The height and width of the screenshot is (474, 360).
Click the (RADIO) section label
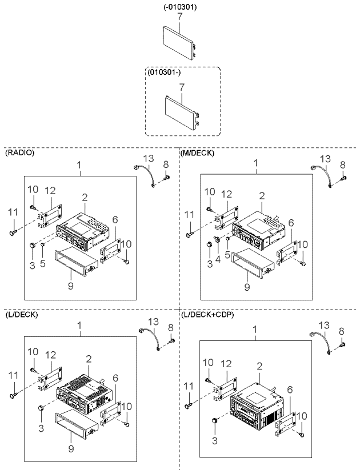click(19, 152)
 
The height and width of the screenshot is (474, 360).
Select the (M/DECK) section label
click(197, 153)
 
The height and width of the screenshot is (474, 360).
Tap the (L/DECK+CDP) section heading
click(207, 315)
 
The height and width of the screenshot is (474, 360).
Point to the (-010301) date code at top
click(180, 7)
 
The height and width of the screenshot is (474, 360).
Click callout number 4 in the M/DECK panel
click(218, 259)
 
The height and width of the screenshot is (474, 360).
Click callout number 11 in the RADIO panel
click(13, 212)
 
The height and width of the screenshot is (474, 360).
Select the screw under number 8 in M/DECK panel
click(344, 179)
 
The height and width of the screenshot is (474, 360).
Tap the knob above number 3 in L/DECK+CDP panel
click(214, 420)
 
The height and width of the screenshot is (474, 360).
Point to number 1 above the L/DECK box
click(79, 326)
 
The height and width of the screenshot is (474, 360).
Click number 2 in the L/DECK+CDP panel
click(259, 367)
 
